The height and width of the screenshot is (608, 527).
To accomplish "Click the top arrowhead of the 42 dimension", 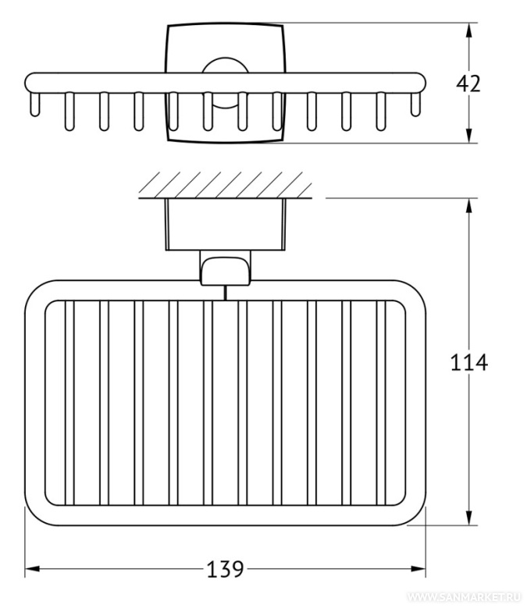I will [468, 30].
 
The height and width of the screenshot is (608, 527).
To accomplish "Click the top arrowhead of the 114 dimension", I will [468, 205].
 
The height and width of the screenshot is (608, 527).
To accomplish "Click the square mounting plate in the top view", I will [225, 47].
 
